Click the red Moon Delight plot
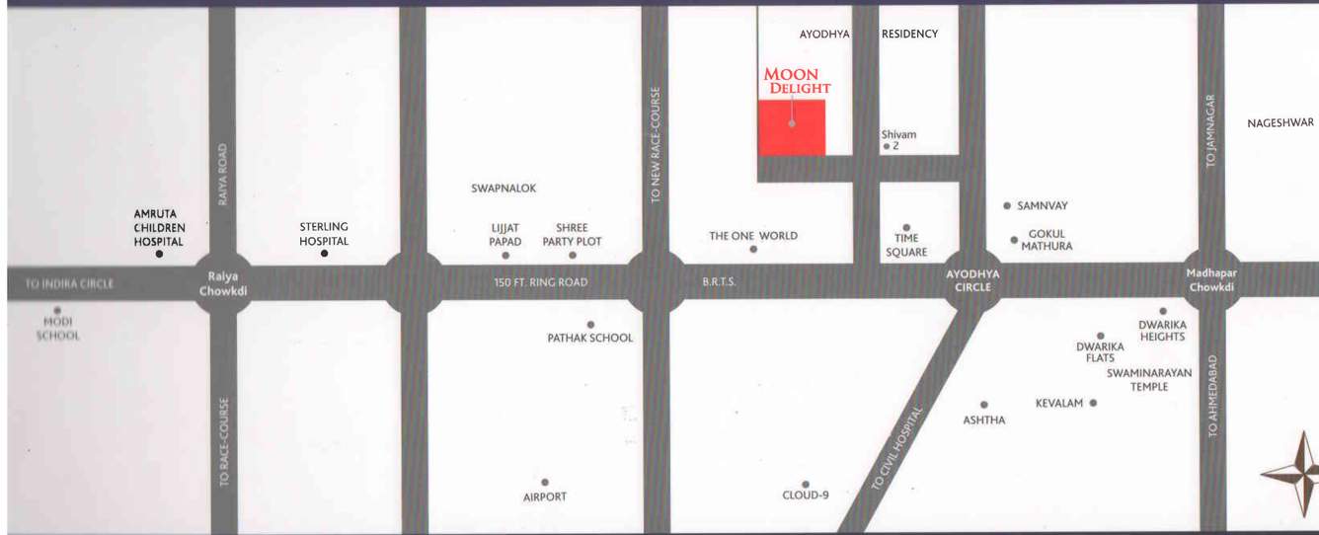(x=792, y=126)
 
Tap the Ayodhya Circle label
(x=972, y=280)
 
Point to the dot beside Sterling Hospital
(x=324, y=254)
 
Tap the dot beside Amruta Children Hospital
(x=159, y=254)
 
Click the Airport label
(x=545, y=497)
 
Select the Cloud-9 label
(x=806, y=495)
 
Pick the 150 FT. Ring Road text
(x=541, y=282)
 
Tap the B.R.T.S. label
(x=719, y=282)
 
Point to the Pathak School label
(x=590, y=338)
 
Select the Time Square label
(x=906, y=245)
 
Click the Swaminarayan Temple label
(x=1149, y=380)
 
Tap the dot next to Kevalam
(x=1093, y=403)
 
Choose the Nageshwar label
(x=1280, y=123)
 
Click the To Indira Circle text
(x=69, y=283)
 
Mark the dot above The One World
(x=753, y=249)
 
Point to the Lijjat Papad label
(x=505, y=235)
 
